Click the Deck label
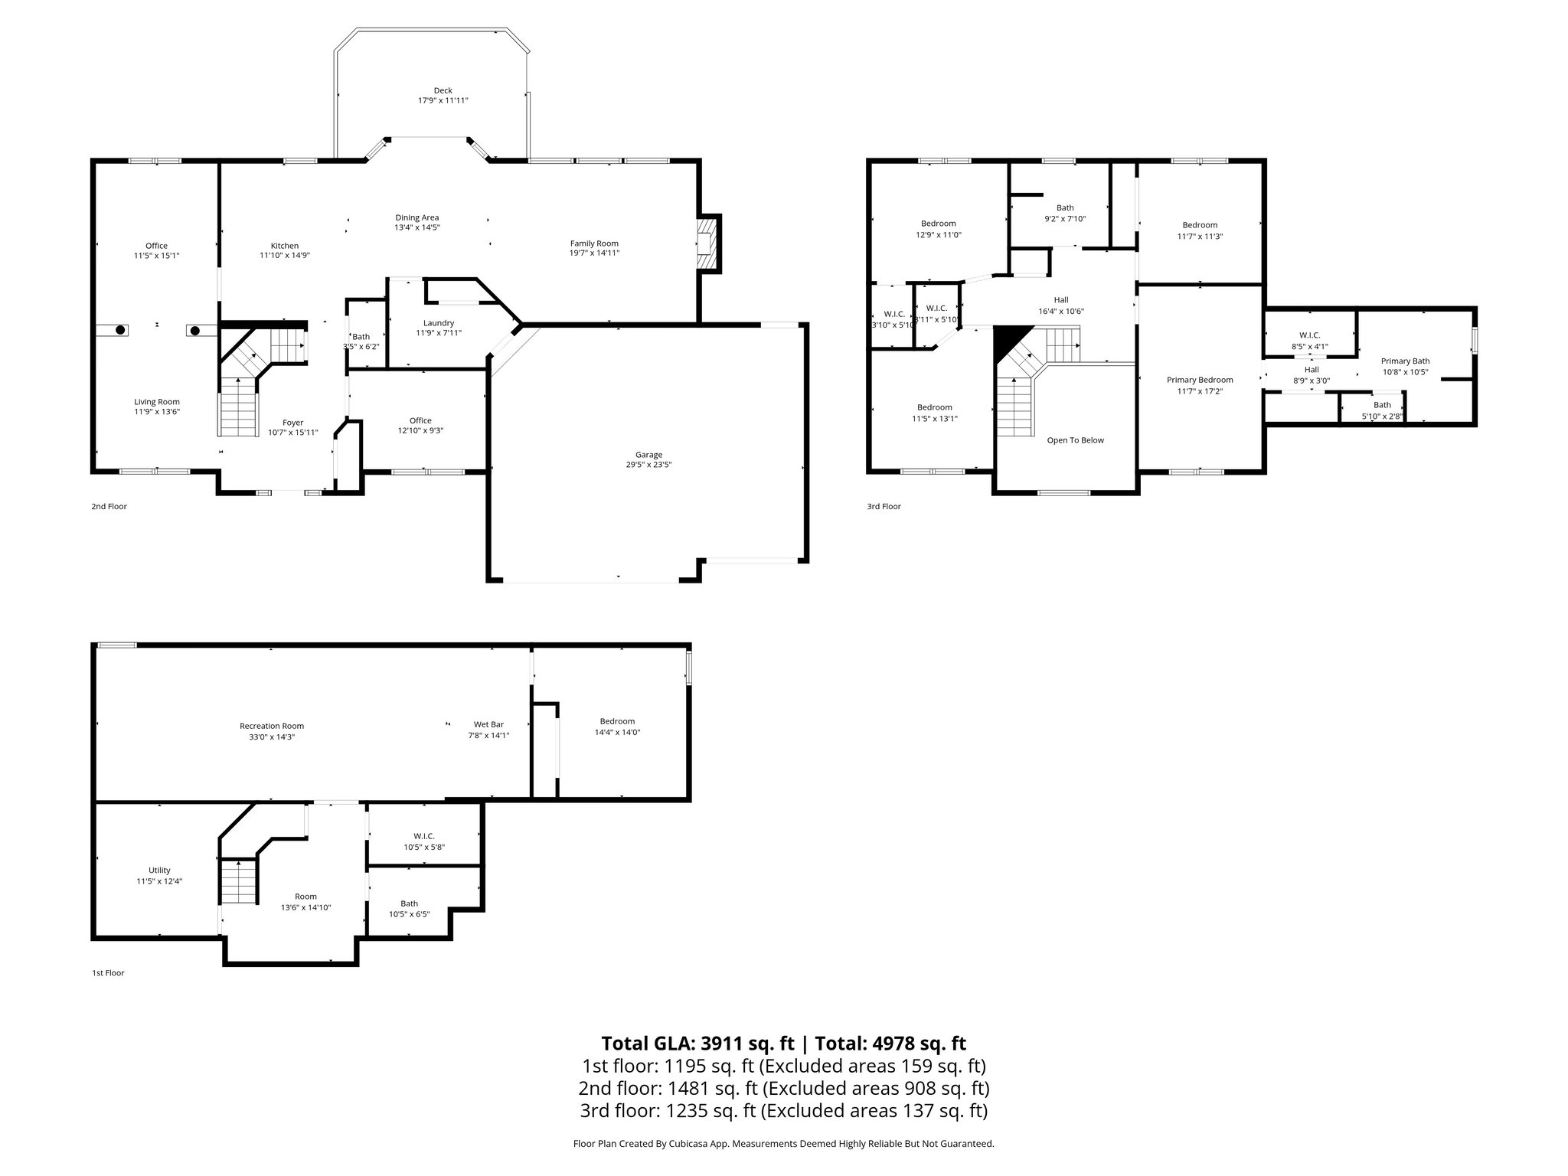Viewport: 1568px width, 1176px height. pos(443,90)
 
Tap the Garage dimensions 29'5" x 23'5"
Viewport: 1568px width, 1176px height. pos(648,465)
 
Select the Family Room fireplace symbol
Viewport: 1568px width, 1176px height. pos(709,243)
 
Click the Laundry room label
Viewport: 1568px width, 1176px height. pos(439,323)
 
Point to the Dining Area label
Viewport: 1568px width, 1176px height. pos(416,217)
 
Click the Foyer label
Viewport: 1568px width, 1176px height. pos(292,423)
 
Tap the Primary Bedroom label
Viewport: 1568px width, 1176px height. pos(1199,380)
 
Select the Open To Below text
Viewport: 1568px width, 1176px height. pos(1075,440)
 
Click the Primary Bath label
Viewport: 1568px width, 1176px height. pos(1405,361)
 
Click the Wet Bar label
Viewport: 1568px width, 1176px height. pos(488,724)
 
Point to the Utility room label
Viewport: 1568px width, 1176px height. pos(159,870)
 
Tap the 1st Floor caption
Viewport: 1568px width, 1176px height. pos(108,973)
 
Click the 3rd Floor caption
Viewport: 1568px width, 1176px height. pos(884,506)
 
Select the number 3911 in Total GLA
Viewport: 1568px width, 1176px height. pos(717,1044)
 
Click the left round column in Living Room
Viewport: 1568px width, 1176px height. pos(120,330)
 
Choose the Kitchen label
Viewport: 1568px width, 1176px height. pos(284,246)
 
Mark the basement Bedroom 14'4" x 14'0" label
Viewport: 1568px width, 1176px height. pos(617,721)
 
